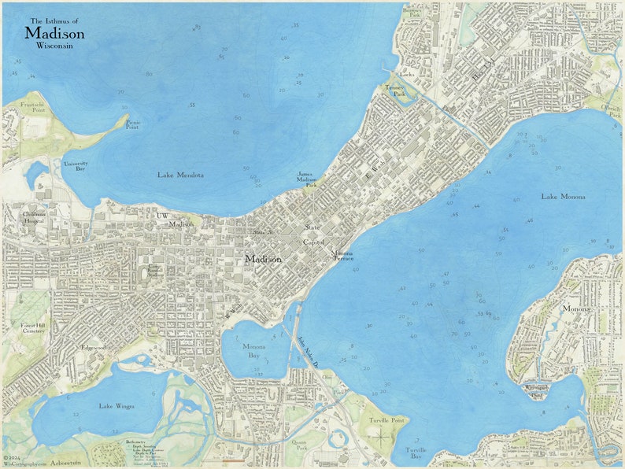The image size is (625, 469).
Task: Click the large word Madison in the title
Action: [x=54, y=33]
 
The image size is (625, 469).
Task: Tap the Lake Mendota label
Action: [x=179, y=175]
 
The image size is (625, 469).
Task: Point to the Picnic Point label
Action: [x=133, y=124]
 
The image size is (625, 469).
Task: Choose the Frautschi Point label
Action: [x=33, y=108]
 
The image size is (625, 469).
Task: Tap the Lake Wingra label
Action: [x=116, y=406]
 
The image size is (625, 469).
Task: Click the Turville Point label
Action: [x=385, y=420]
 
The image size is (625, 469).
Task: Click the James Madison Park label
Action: [x=306, y=179]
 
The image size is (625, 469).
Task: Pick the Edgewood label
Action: [x=94, y=347]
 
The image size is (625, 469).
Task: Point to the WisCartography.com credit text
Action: [x=25, y=463]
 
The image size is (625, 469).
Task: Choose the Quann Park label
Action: [x=300, y=445]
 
